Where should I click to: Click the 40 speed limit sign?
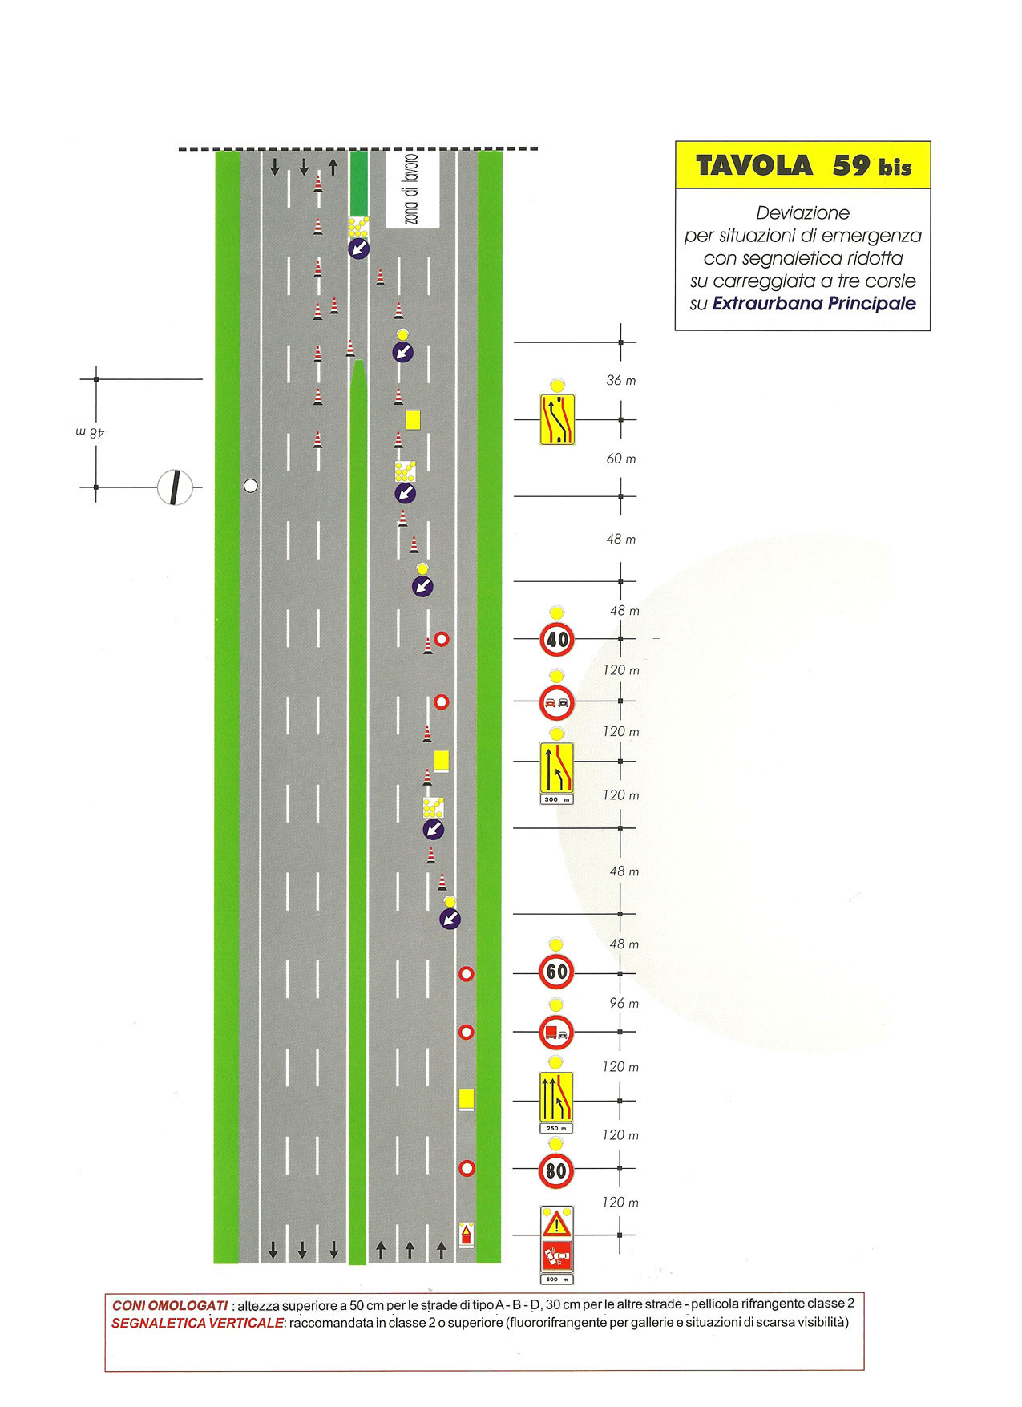(x=557, y=639)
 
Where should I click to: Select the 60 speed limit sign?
(x=556, y=972)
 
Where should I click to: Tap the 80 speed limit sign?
(x=556, y=1171)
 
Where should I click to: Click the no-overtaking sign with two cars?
(x=557, y=703)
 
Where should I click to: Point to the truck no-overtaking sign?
(x=556, y=1033)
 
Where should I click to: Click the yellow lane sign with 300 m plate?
(x=557, y=767)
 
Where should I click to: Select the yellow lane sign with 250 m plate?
(x=556, y=1098)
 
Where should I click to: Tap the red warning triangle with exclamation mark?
(x=556, y=1224)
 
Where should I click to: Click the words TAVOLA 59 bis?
(x=803, y=166)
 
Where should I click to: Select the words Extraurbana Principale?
(x=814, y=304)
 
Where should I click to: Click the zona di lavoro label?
(x=412, y=189)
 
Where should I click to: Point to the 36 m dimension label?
(x=621, y=381)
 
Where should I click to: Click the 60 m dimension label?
(x=621, y=459)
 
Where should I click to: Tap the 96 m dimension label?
(x=624, y=1004)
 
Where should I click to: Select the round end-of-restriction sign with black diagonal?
(x=176, y=487)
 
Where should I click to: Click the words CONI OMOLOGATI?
(x=170, y=1306)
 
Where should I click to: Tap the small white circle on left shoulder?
(x=251, y=485)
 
